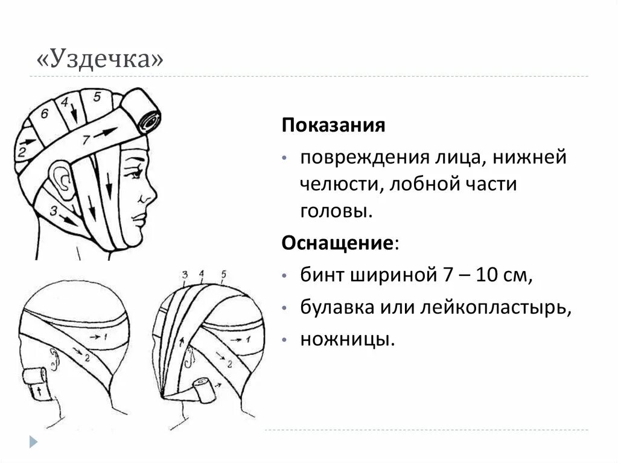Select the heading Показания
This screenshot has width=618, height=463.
[333, 126]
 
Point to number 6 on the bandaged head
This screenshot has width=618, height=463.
[44, 114]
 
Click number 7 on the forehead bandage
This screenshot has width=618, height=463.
[86, 140]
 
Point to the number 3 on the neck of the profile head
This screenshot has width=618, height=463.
[54, 211]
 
